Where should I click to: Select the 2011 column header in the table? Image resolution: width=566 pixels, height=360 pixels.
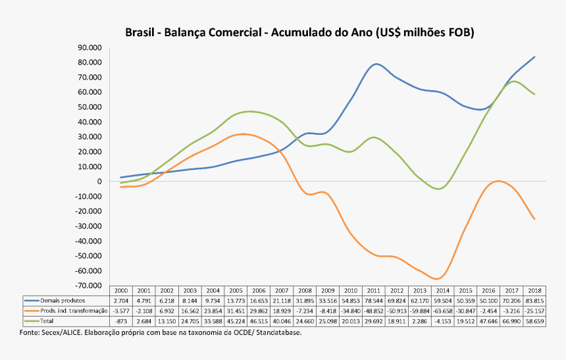(x=374, y=290)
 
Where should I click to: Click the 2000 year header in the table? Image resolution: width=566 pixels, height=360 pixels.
(x=120, y=290)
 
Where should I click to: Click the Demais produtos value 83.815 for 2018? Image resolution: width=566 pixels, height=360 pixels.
(x=534, y=300)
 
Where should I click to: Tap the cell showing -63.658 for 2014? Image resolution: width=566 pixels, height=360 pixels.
(x=443, y=311)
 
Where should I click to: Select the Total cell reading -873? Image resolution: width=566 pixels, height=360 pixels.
(x=120, y=321)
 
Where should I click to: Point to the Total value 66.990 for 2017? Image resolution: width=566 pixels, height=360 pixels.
(x=511, y=321)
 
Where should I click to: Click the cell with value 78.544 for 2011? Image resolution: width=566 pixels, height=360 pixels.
(x=374, y=300)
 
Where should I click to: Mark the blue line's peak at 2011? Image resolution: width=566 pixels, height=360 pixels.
(x=376, y=64)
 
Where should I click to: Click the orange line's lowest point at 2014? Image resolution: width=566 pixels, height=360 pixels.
(x=437, y=279)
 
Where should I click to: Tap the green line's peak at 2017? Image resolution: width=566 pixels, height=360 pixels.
(x=514, y=81)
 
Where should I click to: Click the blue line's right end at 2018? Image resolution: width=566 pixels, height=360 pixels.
(x=534, y=57)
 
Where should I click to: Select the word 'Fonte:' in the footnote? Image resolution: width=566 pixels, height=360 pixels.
(x=30, y=332)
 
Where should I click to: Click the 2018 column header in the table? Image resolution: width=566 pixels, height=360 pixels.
(x=534, y=290)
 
